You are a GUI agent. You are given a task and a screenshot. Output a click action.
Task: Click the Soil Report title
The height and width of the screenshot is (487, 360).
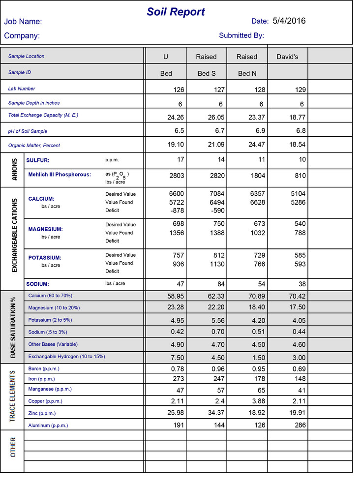pos(176,12)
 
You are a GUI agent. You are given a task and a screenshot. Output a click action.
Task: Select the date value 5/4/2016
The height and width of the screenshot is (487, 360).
pos(289,21)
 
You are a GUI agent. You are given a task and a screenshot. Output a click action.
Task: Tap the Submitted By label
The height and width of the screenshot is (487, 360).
pos(241,35)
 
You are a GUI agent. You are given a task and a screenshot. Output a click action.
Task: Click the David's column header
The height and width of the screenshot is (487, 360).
pos(287,57)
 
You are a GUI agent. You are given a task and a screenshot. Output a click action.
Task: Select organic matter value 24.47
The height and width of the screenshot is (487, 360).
pos(255,145)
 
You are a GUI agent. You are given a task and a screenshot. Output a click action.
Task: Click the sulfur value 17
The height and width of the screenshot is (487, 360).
pos(180,159)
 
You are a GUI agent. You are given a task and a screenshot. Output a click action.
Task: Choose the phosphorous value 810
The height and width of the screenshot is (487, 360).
pos(300,175)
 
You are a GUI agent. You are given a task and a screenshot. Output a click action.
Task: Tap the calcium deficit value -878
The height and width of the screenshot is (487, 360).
pos(176,211)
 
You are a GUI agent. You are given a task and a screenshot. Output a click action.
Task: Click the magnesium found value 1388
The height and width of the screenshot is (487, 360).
pos(216,232)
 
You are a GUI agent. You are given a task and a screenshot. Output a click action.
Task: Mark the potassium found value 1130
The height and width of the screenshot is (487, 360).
pos(216,264)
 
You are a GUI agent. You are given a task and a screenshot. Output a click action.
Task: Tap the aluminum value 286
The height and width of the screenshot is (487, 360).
pos(300,425)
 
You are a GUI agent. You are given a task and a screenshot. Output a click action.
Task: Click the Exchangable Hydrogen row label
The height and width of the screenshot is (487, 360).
pos(66,356)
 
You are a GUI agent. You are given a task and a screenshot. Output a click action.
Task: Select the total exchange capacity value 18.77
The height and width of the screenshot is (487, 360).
pos(296,118)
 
